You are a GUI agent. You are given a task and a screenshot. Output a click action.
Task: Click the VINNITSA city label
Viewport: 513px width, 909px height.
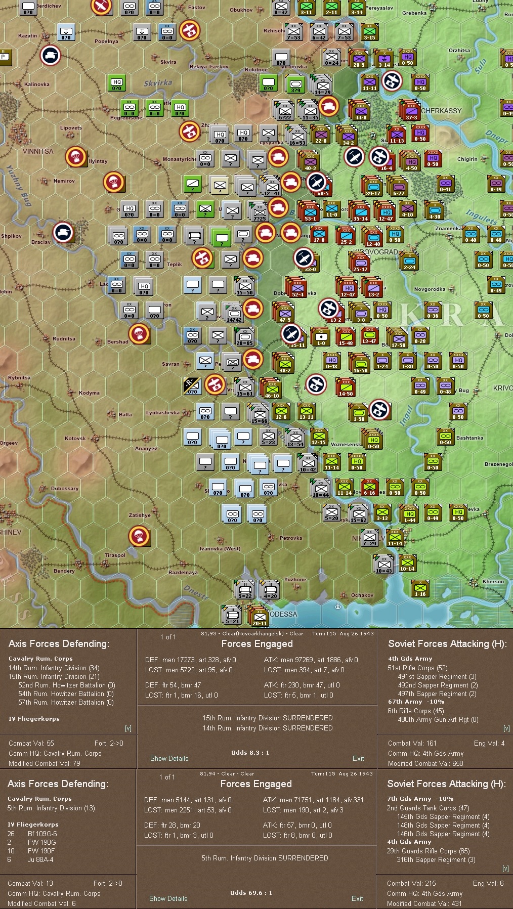(x=38, y=151)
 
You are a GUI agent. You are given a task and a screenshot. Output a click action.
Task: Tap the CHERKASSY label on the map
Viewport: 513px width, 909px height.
(x=441, y=111)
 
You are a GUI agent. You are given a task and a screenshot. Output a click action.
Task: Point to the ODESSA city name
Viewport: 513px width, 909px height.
(x=283, y=614)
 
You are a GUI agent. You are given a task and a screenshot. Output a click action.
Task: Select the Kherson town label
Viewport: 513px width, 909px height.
(x=493, y=582)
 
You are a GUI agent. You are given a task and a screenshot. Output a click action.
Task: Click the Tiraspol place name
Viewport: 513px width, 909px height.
(x=115, y=555)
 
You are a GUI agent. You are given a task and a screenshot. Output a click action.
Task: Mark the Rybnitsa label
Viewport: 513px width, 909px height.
(x=19, y=378)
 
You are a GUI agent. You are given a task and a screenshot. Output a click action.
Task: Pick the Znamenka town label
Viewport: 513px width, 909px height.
(x=448, y=229)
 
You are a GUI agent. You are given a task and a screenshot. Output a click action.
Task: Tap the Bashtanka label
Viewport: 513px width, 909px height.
(x=469, y=438)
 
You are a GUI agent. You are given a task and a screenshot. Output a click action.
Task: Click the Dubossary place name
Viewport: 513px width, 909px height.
(x=65, y=489)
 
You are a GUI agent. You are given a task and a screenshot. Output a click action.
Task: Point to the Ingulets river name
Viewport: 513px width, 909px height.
(x=481, y=217)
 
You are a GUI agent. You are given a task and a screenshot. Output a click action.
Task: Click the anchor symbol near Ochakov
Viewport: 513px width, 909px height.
(x=338, y=605)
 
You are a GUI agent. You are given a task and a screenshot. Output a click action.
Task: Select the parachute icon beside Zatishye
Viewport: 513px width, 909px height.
(x=139, y=536)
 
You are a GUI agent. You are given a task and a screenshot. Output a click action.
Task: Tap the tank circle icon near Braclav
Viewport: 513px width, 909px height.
(x=64, y=233)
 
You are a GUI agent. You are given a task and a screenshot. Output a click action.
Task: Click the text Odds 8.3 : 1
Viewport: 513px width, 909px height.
(x=250, y=753)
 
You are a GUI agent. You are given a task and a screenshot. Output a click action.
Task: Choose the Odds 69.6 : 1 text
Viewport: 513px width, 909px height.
(x=251, y=893)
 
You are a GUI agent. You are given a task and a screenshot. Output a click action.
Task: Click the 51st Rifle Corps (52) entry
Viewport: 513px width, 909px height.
(x=417, y=668)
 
